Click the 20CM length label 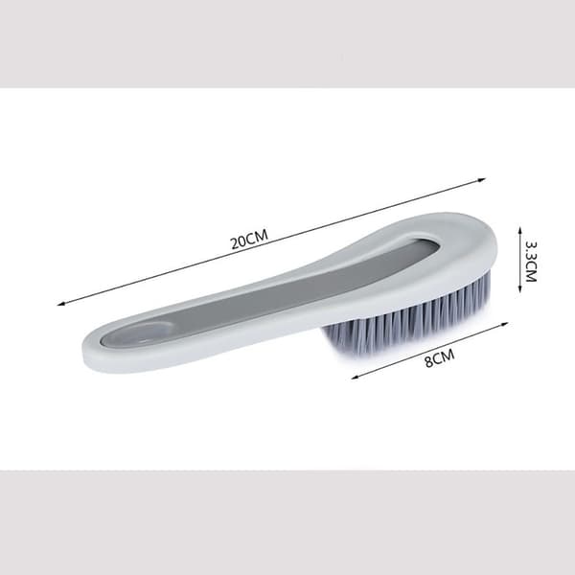[x=249, y=239]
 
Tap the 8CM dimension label [x=439, y=357]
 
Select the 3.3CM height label [x=531, y=261]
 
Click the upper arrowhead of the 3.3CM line [x=519, y=229]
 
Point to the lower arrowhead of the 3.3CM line [x=519, y=289]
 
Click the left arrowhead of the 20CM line [x=61, y=304]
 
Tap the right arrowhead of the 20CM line [x=482, y=179]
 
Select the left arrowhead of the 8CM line [x=355, y=377]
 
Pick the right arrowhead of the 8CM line [x=505, y=324]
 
